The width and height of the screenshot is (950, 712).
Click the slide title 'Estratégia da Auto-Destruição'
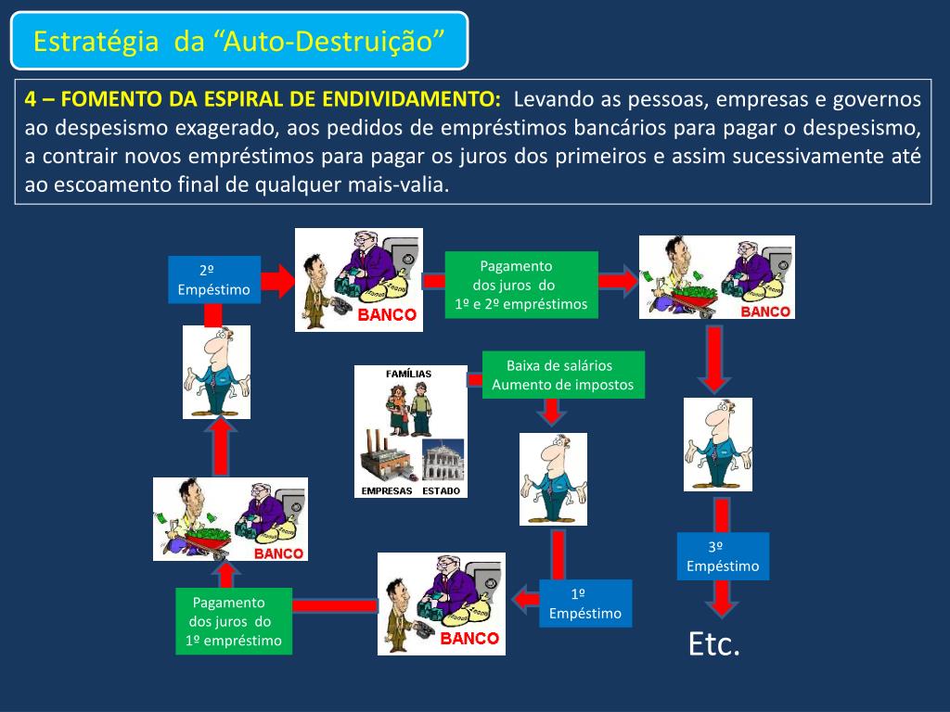click(239, 41)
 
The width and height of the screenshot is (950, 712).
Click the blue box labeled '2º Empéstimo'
click(214, 279)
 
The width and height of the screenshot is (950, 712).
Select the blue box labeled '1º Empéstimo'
click(585, 603)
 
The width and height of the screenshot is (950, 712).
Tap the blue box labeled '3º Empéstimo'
click(723, 556)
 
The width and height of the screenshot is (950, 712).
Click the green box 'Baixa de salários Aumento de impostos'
click(563, 375)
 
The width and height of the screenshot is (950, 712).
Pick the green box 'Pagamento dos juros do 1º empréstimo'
click(234, 621)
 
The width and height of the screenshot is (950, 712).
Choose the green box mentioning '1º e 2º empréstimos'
click(521, 284)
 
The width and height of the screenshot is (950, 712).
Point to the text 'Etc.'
click(714, 643)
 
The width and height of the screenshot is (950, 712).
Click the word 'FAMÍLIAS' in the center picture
click(408, 374)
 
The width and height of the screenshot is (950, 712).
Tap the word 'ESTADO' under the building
click(441, 490)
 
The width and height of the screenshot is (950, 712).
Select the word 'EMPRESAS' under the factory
click(386, 490)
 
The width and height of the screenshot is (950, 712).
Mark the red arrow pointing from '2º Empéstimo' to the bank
click(277, 279)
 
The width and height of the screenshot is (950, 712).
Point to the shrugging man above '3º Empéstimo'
click(718, 444)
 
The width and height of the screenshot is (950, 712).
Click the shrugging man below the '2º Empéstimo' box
click(216, 371)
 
